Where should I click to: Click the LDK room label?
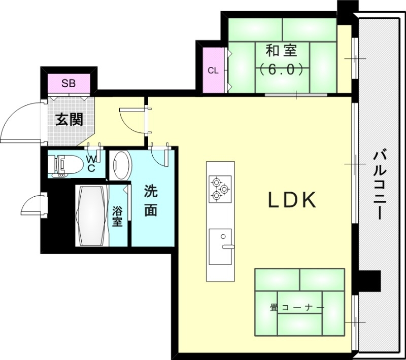pos(292,201)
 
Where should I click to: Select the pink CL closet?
pos(213,70)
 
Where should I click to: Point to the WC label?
pos(91,164)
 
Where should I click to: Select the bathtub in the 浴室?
pos(92,215)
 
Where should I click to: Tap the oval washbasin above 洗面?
pos(121,165)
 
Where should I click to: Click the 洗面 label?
pos(150,201)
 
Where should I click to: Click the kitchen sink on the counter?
pos(220,246)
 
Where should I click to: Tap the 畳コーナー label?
pos(297,307)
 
